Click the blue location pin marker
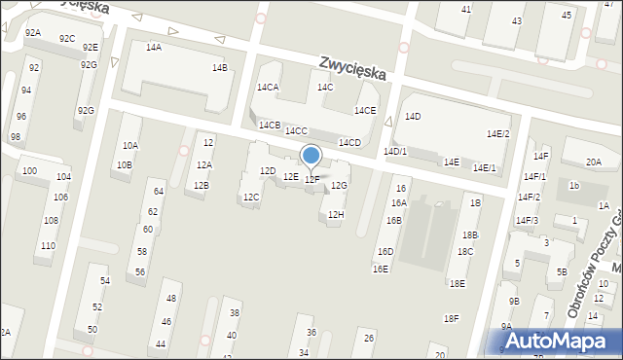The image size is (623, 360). (311, 157)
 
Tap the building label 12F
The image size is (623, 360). (311, 180)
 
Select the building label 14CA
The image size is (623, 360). (267, 88)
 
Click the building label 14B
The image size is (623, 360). (220, 67)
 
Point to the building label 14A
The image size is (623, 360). (154, 47)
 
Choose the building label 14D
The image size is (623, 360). (413, 117)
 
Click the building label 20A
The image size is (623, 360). (593, 162)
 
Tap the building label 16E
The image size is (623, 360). (381, 269)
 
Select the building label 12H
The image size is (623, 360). (336, 214)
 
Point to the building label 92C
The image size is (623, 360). (66, 39)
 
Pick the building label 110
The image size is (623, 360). (47, 245)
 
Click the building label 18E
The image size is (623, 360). (457, 283)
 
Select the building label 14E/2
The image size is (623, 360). (497, 134)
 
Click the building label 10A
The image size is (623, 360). (129, 146)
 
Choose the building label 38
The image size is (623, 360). (234, 312)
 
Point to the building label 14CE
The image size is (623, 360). (365, 111)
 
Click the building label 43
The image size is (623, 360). (516, 20)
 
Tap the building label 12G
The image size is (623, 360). (339, 185)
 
